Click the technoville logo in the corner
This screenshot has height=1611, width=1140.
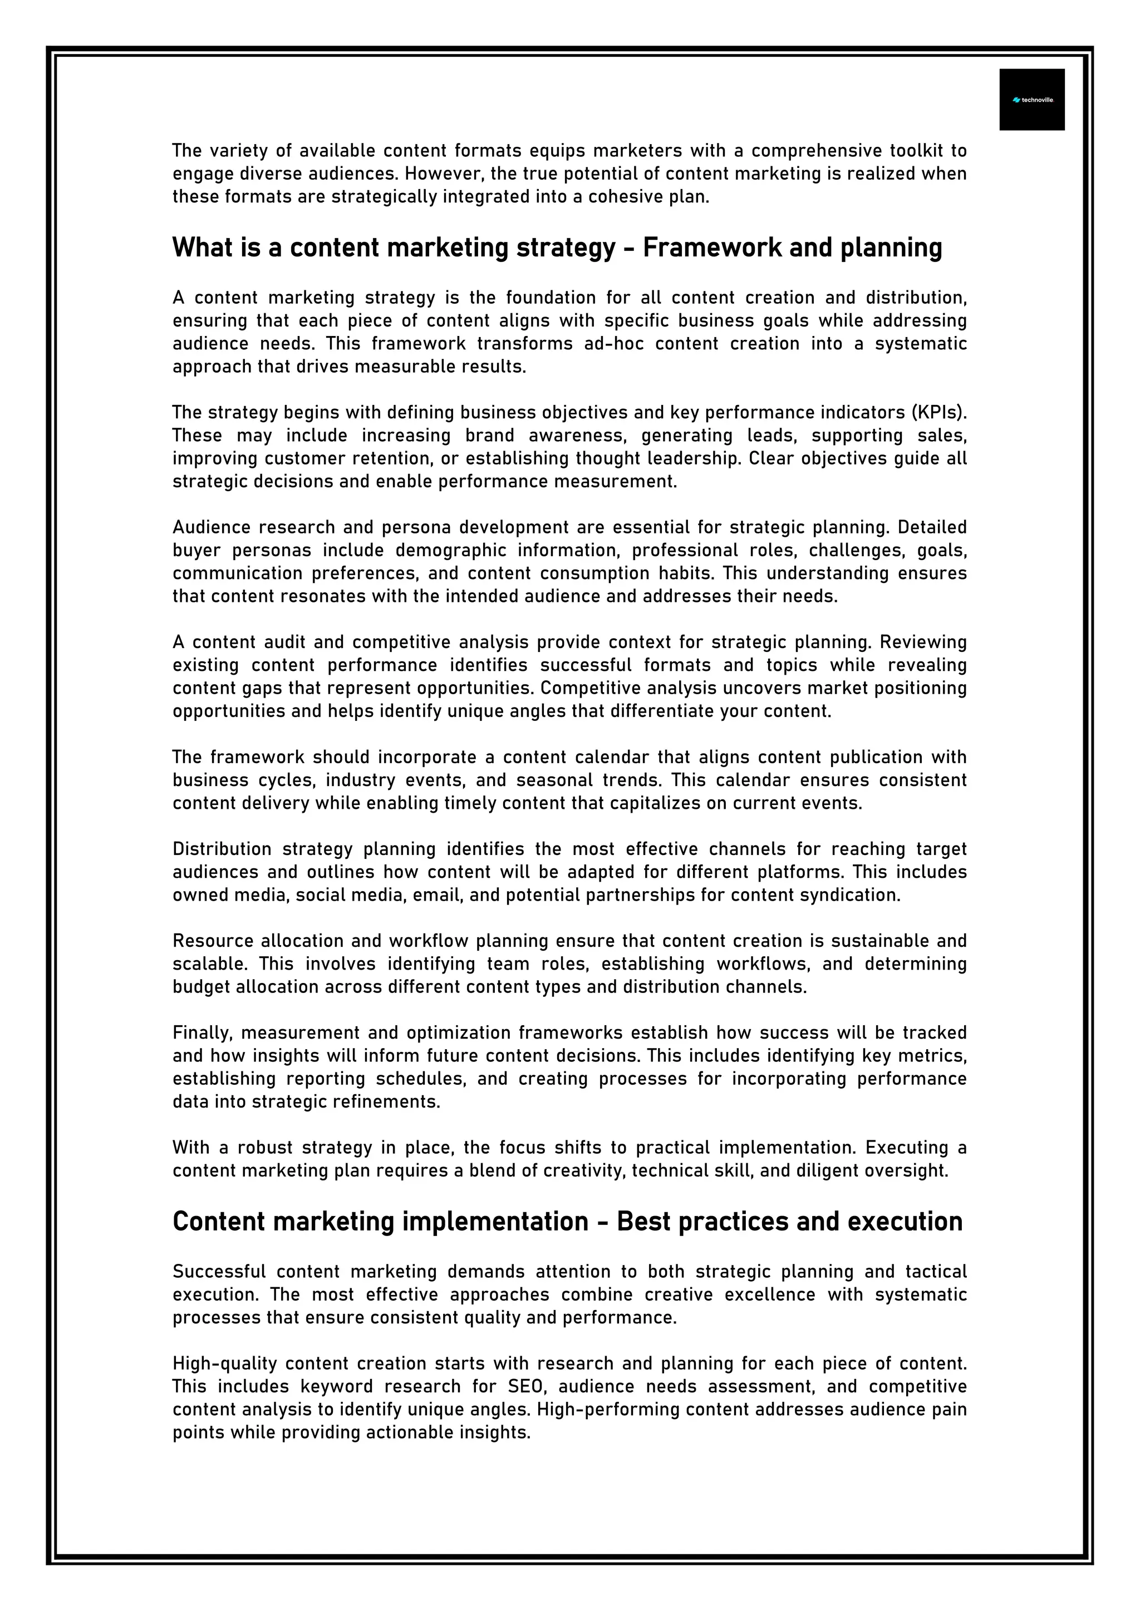coord(1031,100)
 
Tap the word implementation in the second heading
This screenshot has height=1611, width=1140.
coord(495,1222)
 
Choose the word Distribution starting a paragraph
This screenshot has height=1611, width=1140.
coord(222,849)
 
